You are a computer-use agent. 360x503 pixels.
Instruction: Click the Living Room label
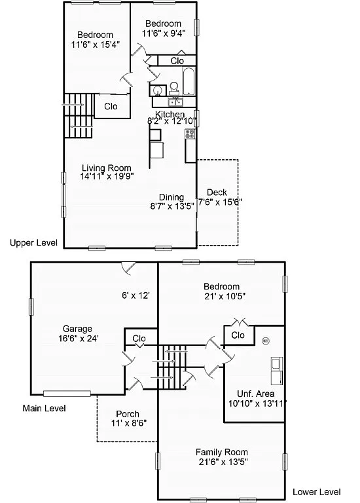pos(106,168)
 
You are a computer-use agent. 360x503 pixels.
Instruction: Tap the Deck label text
pos(217,192)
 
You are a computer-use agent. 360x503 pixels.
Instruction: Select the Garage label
pos(77,329)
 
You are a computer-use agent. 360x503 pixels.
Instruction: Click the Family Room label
pos(221,452)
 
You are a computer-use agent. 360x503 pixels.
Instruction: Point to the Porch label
pos(127,414)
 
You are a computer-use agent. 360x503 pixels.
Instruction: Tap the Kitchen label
pos(170,115)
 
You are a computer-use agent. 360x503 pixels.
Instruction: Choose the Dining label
pos(171,197)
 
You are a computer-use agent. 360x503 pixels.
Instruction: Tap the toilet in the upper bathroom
pos(174,87)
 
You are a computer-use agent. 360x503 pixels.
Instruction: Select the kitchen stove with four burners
pos(190,134)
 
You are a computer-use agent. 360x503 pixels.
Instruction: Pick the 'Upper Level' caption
pos(33,243)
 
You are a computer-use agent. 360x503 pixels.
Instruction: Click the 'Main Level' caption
pos(45,408)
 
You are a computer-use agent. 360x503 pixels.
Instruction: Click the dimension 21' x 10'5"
pos(221,296)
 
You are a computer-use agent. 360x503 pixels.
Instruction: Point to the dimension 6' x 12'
pos(136,295)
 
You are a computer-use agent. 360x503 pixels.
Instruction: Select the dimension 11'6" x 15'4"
pos(95,45)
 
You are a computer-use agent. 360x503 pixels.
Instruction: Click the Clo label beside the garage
pos(139,339)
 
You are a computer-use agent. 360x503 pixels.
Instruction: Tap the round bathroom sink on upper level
pos(158,90)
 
